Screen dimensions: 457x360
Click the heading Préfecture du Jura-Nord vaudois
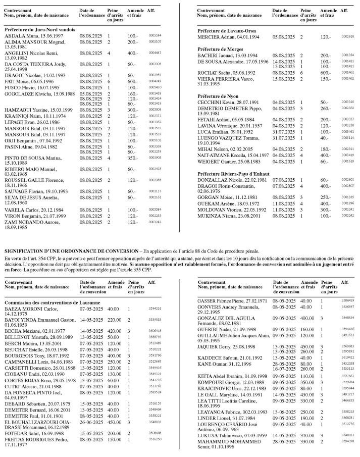[40, 29]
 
